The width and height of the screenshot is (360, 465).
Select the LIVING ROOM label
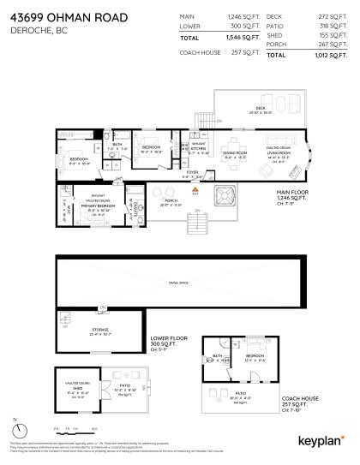278,152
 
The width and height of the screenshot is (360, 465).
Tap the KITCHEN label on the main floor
197,149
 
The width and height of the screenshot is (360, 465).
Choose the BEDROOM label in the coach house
253,355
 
